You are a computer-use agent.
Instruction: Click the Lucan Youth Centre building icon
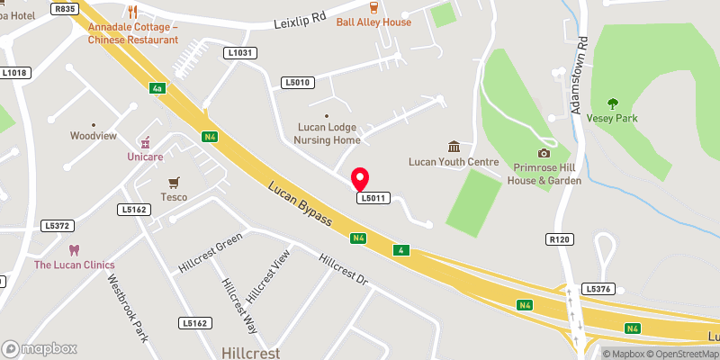[x=454, y=147]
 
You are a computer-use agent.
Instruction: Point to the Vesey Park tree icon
[x=613, y=103]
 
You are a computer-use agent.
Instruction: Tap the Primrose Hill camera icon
[x=543, y=153]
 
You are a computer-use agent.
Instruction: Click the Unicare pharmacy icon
[x=143, y=142]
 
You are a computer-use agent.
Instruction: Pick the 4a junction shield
[x=157, y=88]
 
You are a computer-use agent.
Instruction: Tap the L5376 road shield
[x=598, y=289]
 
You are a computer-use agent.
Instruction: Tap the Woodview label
[x=94, y=136]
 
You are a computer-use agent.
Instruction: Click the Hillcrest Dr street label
[x=344, y=269]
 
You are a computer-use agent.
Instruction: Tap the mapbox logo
[x=40, y=348]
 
